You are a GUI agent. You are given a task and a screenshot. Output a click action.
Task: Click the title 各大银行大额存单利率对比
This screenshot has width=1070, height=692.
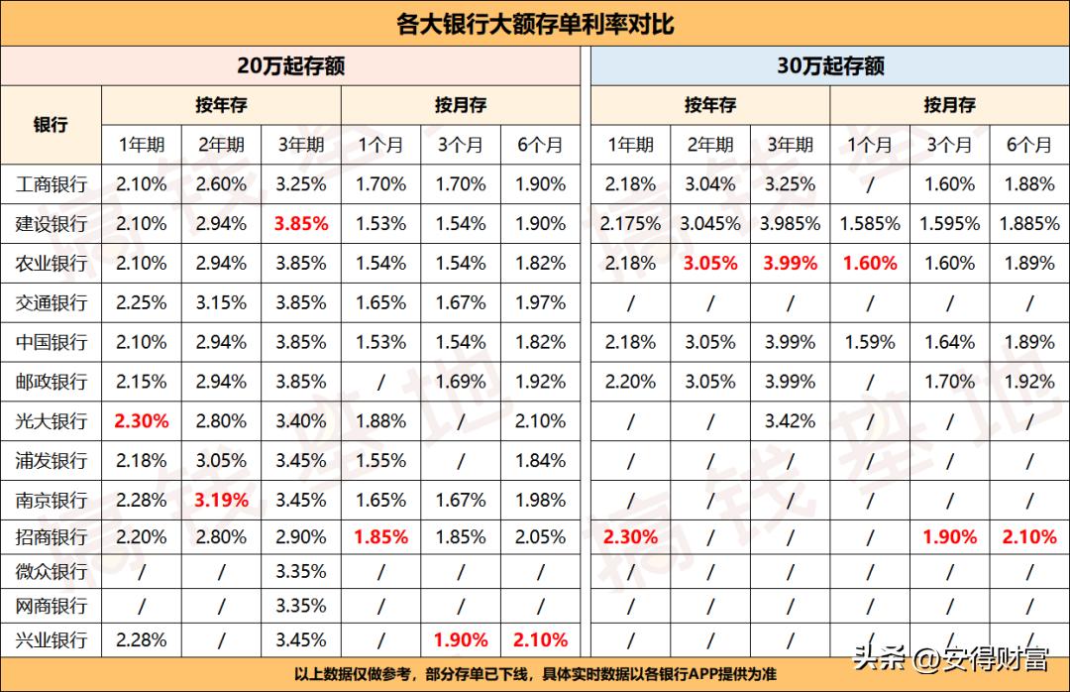[x=535, y=23]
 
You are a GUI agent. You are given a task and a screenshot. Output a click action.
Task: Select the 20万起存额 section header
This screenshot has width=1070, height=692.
[x=290, y=66]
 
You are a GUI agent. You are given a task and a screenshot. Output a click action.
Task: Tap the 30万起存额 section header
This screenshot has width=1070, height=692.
[x=830, y=66]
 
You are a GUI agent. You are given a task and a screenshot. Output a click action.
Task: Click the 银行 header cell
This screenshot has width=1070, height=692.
[x=51, y=125]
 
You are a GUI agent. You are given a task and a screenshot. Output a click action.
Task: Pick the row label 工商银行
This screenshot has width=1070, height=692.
[x=52, y=184]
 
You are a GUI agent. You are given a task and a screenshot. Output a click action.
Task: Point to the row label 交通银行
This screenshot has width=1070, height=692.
[x=52, y=302]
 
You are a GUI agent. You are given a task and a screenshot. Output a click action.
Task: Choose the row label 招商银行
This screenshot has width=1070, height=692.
[x=52, y=537]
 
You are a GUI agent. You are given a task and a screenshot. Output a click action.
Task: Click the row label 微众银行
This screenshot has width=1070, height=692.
[x=52, y=572]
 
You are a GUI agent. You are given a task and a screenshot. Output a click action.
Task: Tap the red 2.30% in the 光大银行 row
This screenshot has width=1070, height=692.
[x=142, y=421]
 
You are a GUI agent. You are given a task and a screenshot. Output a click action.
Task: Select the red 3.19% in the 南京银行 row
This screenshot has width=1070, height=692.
[x=222, y=500]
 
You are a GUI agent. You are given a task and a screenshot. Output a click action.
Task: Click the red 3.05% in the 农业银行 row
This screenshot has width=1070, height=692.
[x=710, y=264]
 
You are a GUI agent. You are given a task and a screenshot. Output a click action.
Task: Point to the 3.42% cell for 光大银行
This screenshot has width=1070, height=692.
[x=790, y=421]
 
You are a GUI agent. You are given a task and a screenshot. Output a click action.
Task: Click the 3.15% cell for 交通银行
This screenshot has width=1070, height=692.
[x=222, y=302]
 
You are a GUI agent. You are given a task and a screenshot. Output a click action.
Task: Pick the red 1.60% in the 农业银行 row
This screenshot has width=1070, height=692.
[x=870, y=264]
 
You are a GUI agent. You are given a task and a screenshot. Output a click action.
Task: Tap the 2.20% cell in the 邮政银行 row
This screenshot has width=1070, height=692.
[x=631, y=382]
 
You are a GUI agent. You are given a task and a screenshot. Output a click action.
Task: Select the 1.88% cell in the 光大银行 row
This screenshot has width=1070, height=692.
[x=381, y=421]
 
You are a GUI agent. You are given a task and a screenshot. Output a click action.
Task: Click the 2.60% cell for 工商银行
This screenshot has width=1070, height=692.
[x=222, y=184]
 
